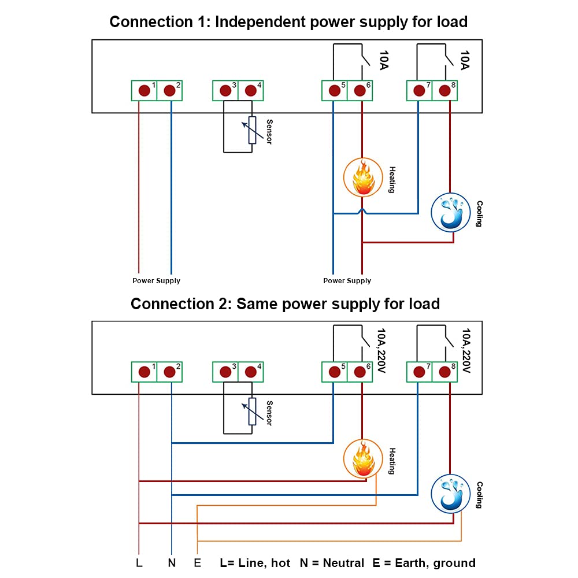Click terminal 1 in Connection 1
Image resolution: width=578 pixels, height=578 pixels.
tap(144, 90)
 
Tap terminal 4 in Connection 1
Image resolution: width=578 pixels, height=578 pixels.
tap(250, 90)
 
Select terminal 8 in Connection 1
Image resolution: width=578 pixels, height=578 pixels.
tap(444, 90)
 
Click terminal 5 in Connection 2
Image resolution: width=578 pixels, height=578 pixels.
tap(334, 372)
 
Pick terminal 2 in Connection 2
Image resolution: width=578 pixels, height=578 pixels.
tap(169, 372)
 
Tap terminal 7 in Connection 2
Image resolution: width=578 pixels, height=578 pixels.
tap(418, 372)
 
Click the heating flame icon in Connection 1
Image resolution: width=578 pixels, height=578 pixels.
tap(363, 177)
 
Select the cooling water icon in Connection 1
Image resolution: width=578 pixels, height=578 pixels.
tap(451, 212)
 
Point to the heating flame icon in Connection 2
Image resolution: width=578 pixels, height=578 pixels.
tap(363, 458)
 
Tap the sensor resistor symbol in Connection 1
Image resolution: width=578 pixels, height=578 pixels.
tap(252, 130)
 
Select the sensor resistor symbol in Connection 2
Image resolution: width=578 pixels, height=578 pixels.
tap(252, 411)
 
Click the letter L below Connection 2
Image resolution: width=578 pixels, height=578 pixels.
tap(139, 563)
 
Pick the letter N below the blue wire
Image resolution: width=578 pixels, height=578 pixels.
tap(172, 563)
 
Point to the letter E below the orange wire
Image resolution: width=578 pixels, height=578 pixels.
tap(198, 563)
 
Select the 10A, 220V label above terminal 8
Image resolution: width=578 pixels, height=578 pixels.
tap(466, 351)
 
